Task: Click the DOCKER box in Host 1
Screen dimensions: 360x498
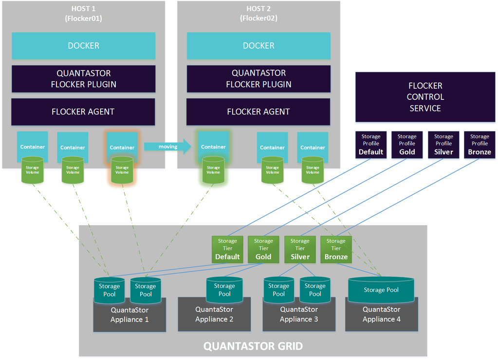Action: [x=83, y=46]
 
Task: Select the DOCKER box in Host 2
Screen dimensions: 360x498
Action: [x=258, y=46]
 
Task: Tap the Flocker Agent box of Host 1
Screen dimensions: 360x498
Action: [x=83, y=112]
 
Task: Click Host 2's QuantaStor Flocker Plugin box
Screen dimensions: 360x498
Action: [x=258, y=78]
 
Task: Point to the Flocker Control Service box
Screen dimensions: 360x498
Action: [x=425, y=97]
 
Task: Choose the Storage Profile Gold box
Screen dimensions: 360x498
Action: [x=406, y=145]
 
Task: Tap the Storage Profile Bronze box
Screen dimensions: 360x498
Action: [x=479, y=145]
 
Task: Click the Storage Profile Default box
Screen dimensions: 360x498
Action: [x=371, y=145]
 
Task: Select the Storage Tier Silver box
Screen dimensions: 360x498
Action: [x=300, y=249]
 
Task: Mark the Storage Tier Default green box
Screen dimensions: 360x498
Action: [x=227, y=249]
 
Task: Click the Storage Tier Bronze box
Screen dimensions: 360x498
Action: [x=336, y=249]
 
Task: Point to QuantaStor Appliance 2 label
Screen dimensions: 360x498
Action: [x=214, y=314]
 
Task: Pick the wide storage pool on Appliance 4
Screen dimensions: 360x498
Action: [x=381, y=290]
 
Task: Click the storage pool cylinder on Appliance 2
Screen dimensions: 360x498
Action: [x=224, y=290]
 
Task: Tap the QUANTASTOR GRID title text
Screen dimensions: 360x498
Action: [x=253, y=346]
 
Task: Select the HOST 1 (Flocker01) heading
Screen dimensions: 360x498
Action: [x=83, y=14]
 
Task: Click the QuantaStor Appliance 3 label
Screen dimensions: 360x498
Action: [x=299, y=314]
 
